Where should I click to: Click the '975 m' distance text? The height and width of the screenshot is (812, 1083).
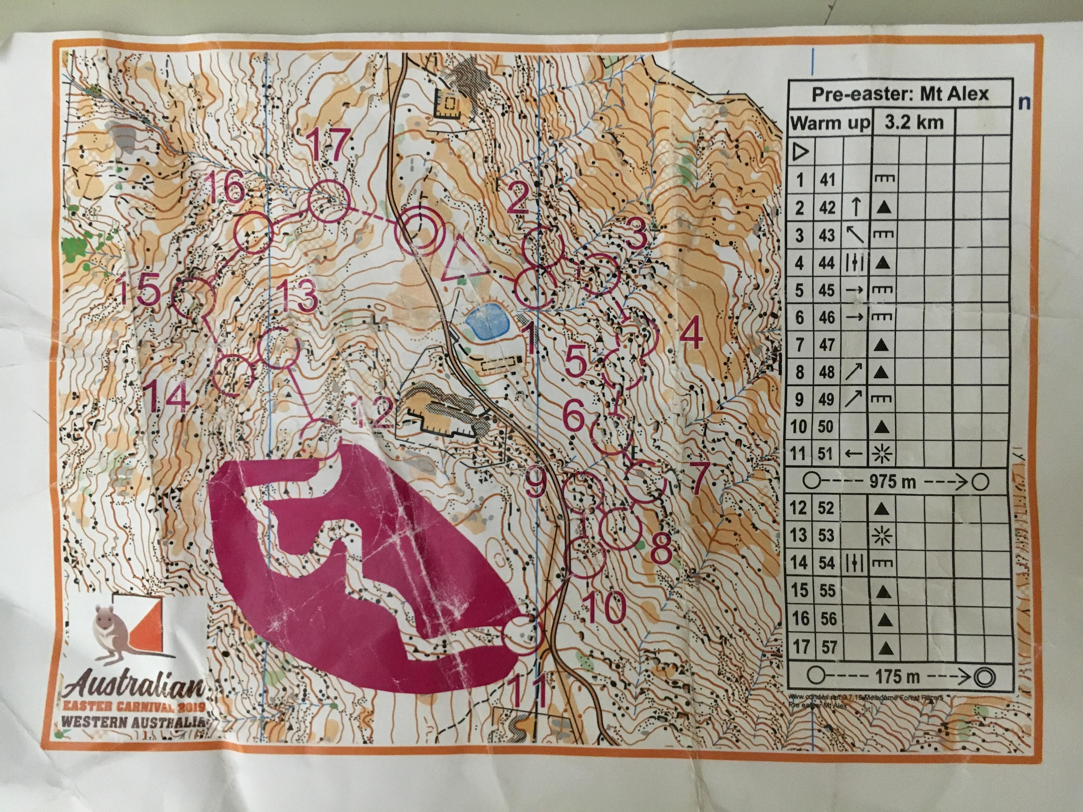(x=892, y=482)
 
